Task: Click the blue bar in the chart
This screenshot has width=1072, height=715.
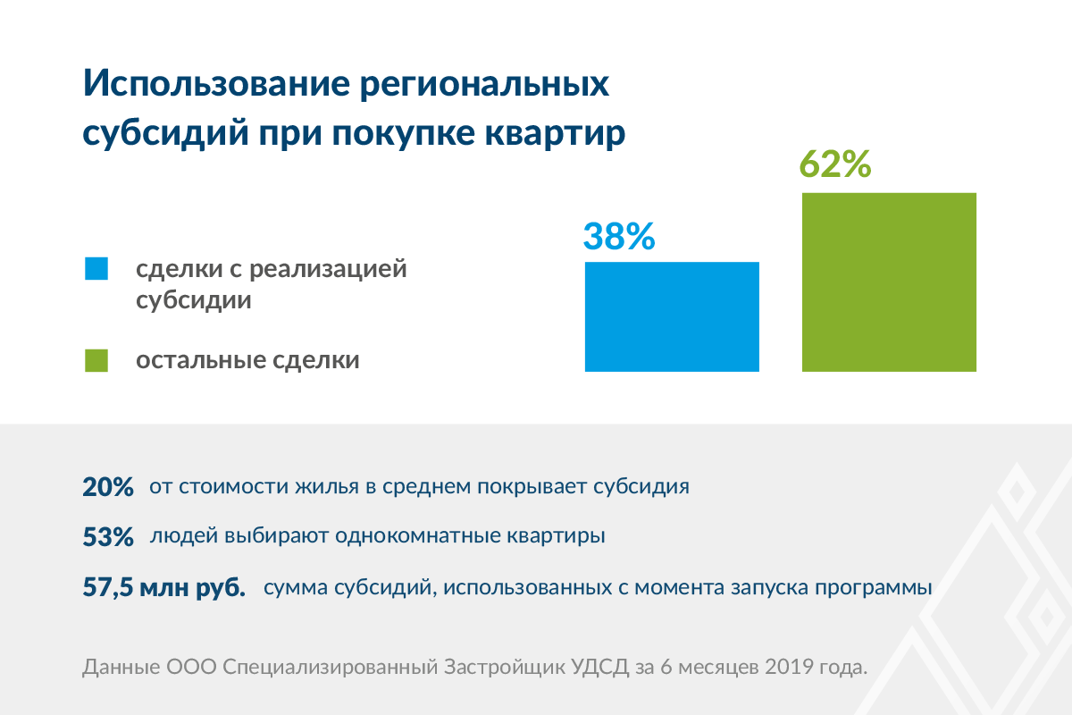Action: [672, 316]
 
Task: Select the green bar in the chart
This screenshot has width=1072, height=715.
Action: [889, 282]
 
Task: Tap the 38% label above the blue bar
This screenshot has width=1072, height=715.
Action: [619, 236]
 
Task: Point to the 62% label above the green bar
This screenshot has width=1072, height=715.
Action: [834, 164]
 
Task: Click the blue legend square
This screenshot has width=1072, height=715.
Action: [96, 268]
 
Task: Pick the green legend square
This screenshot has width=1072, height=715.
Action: [96, 360]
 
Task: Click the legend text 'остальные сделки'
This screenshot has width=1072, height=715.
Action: [247, 360]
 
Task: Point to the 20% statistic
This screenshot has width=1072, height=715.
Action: [108, 488]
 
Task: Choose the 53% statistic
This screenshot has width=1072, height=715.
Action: [108, 538]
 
